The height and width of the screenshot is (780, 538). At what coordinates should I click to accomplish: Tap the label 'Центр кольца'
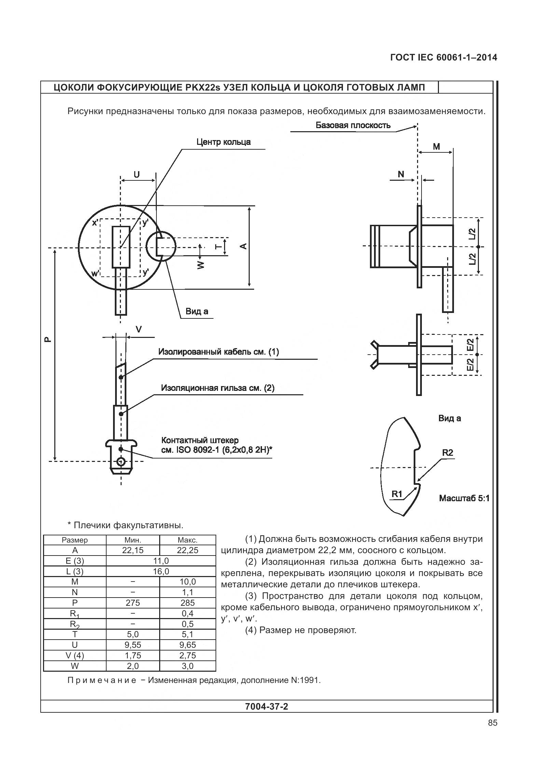[223, 142]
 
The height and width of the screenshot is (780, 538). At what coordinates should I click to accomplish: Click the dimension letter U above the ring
[137, 175]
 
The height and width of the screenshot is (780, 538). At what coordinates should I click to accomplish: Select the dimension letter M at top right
[436, 147]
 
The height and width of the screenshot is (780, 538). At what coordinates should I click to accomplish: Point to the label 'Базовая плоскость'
[353, 125]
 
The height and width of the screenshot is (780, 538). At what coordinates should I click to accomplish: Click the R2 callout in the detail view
[447, 453]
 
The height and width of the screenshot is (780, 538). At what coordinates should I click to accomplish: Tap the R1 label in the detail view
[397, 494]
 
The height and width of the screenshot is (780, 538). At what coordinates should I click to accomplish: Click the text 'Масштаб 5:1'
[464, 498]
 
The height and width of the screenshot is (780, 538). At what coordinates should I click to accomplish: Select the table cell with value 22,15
[133, 550]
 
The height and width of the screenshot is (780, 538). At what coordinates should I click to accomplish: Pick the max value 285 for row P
[188, 603]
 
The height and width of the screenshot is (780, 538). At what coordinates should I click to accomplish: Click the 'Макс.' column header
[188, 540]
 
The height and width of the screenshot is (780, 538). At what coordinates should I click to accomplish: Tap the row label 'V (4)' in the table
[75, 655]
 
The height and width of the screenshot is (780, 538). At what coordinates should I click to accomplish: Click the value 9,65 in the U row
[188, 645]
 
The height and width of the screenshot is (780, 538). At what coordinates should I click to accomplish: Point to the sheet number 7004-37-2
[266, 706]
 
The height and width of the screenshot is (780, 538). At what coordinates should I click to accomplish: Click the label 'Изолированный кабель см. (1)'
[219, 352]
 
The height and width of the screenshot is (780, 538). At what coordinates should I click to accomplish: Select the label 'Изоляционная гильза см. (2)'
[218, 388]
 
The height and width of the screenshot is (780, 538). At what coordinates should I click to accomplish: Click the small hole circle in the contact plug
[120, 462]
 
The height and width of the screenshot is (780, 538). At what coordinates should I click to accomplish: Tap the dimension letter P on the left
[48, 340]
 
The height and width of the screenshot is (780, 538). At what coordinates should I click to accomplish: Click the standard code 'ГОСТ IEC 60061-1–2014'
[443, 58]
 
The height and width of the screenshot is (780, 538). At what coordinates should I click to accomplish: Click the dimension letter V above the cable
[139, 329]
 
